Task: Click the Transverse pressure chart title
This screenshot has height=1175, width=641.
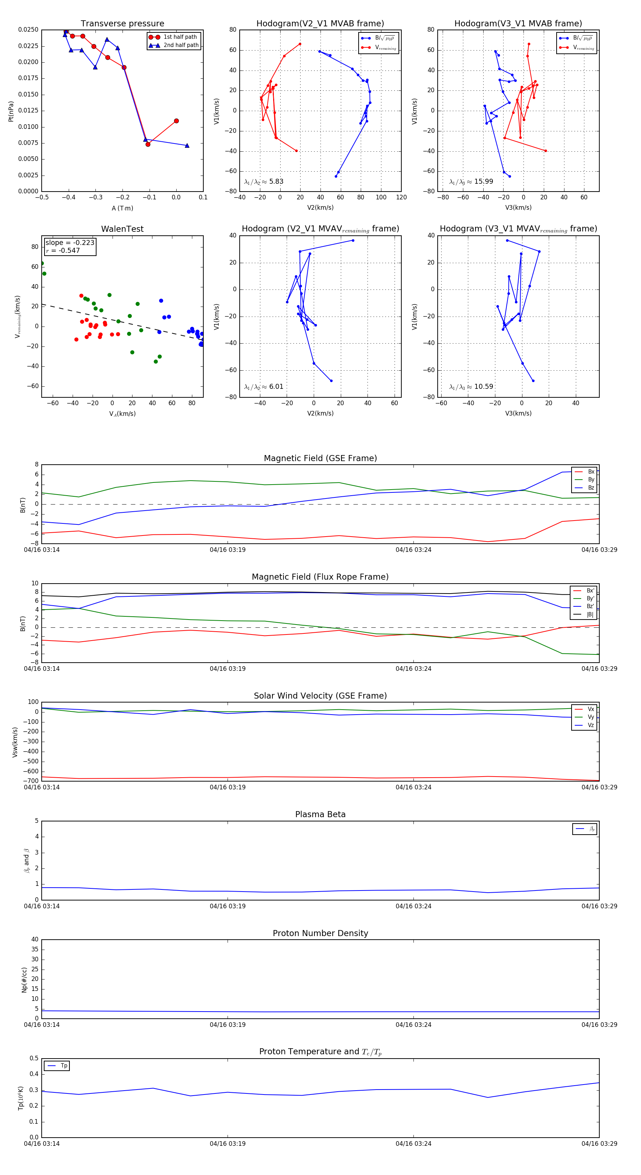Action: (122, 24)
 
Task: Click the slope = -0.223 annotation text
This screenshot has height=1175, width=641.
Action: (70, 243)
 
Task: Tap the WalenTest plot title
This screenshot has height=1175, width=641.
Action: (122, 229)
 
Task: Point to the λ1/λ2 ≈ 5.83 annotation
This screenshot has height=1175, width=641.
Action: (264, 182)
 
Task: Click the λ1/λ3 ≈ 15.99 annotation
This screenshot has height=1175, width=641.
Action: (471, 182)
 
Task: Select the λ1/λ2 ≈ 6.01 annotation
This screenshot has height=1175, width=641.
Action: (264, 387)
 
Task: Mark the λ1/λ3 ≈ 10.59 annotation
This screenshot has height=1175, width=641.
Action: (471, 387)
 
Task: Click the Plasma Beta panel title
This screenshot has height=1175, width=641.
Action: (320, 814)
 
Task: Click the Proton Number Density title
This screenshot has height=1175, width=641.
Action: (320, 933)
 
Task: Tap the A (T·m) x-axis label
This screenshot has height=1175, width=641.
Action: (122, 208)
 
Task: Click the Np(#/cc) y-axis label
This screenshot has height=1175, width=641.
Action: (25, 980)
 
